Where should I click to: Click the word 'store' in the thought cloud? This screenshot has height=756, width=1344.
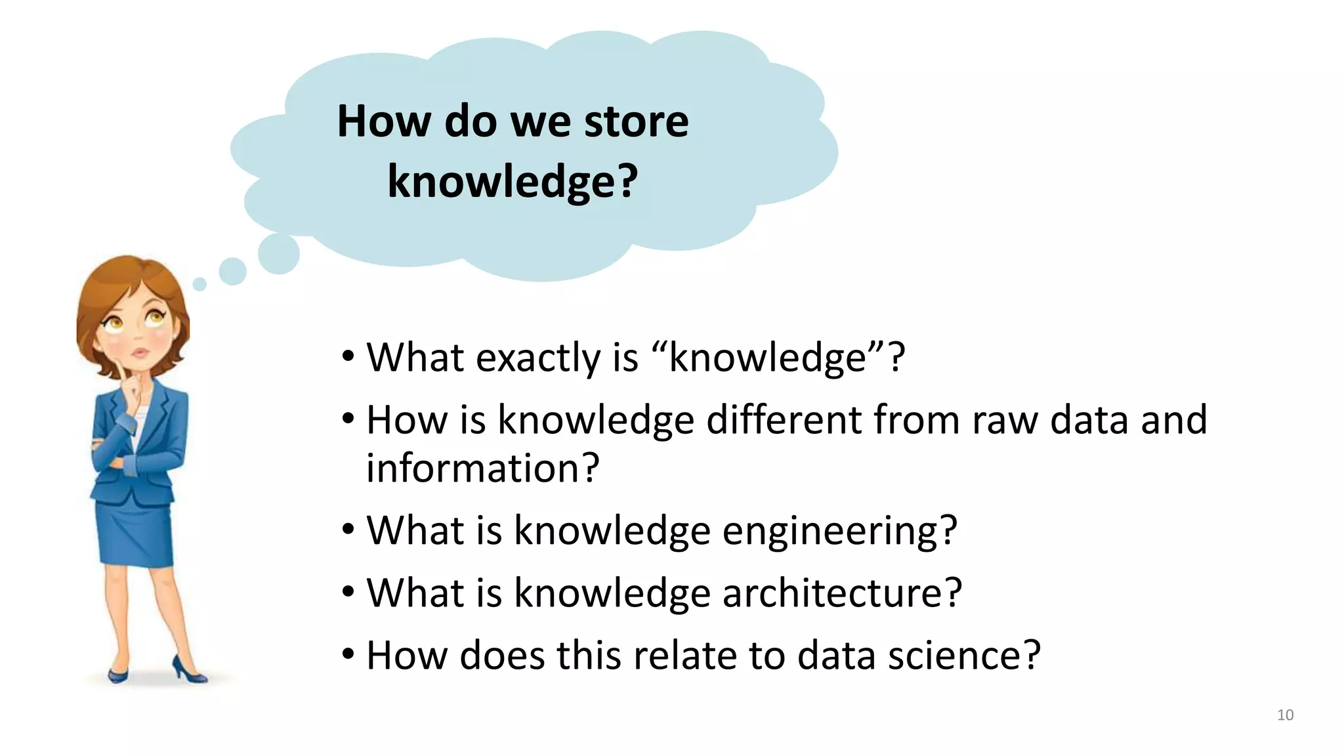[636, 122]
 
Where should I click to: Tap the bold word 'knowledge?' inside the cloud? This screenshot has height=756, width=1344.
[513, 181]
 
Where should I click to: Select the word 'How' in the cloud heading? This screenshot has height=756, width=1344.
[384, 122]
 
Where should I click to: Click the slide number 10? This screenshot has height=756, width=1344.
[1285, 715]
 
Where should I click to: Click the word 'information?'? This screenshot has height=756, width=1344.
[482, 468]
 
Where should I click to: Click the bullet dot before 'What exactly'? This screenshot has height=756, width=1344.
[348, 358]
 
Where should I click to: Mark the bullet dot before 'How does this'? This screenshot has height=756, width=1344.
[348, 654]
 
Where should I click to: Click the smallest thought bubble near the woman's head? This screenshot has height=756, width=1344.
[199, 284]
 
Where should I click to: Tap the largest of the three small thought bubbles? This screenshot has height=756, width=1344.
[279, 253]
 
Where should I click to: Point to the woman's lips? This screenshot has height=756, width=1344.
[140, 353]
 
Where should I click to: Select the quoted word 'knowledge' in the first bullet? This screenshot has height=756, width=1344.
[767, 358]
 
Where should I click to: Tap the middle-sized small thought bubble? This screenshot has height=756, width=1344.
[232, 271]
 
